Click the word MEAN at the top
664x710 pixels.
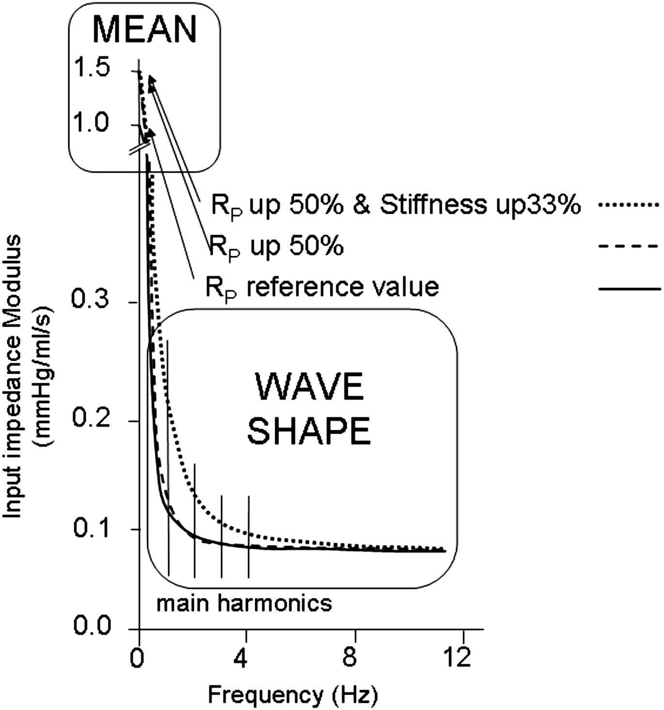145,30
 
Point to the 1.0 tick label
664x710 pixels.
90,122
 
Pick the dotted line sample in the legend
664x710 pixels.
628,205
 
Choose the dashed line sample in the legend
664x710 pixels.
628,246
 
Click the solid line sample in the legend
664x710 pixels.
630,288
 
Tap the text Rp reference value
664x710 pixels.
322,288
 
